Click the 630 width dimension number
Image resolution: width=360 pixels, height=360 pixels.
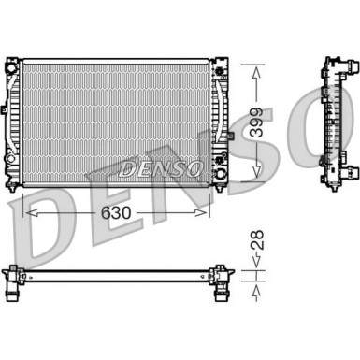pos(120,212)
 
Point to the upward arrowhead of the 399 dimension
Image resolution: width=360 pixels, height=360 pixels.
pos(252,68)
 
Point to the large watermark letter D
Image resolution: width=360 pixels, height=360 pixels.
pos(37,224)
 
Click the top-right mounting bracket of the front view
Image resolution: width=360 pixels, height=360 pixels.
pos(222,68)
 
